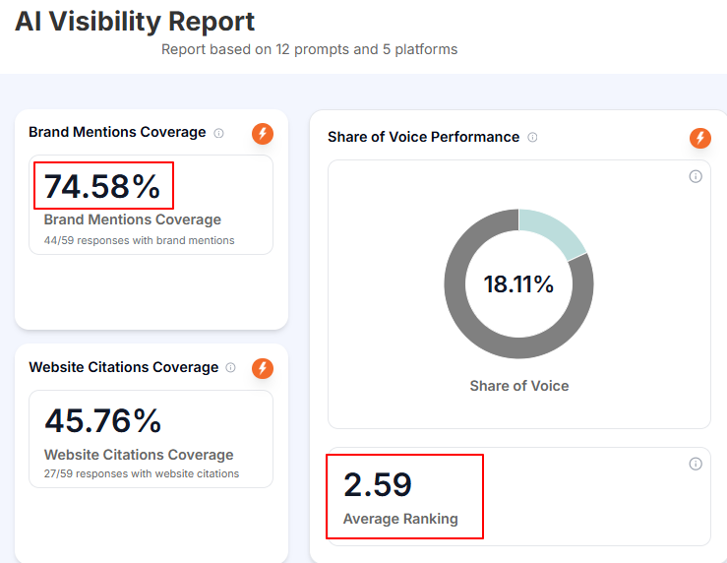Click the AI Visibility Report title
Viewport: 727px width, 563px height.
pos(135,22)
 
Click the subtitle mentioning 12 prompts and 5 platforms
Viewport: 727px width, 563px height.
pos(309,49)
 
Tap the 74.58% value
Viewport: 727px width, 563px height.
pos(102,186)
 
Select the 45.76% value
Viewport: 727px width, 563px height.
pos(102,420)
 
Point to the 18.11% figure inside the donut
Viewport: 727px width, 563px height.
pos(518,285)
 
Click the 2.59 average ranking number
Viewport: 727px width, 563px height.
pos(378,485)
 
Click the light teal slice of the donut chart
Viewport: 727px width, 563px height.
pos(552,232)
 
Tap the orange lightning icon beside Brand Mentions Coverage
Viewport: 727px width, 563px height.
pos(262,133)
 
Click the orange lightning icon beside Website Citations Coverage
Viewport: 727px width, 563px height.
pos(262,368)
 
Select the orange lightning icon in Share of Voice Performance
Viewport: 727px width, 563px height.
pos(699,138)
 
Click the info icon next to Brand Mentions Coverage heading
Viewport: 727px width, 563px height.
pos(219,133)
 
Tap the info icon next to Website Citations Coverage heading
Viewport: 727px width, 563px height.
pos(231,368)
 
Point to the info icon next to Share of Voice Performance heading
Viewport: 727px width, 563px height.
pos(532,138)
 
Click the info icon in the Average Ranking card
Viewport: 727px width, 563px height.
pos(696,464)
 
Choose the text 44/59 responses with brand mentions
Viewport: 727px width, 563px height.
pos(139,240)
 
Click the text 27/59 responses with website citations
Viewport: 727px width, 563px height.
pos(142,473)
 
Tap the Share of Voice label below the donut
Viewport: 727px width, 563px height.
pos(518,386)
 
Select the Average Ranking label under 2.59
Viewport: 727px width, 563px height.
pos(400,519)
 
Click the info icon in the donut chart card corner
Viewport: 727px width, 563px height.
pos(696,176)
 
